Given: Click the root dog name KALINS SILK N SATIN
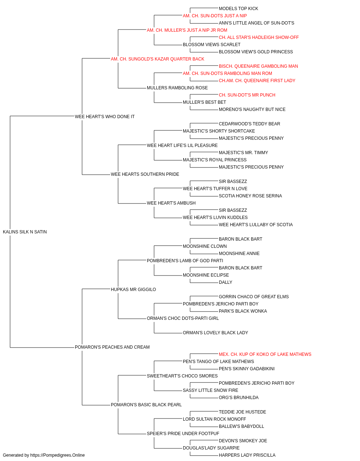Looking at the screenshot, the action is click(25, 232).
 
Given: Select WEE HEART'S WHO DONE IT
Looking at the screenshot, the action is click(105, 117).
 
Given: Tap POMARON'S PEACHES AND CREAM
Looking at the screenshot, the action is click(112, 347).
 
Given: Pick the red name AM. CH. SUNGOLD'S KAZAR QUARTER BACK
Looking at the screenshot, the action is click(158, 59).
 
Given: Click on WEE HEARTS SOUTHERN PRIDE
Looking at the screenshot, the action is click(145, 174).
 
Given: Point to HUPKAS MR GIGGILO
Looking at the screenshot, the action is click(133, 290).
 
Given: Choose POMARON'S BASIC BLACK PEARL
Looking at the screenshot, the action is click(146, 405).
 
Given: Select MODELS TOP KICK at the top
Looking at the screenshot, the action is click(239, 9).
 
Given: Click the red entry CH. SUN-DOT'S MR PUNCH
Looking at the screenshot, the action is click(247, 95).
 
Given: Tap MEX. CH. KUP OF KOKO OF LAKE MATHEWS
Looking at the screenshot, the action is click(265, 354).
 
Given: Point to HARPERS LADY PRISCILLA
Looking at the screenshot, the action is click(247, 455).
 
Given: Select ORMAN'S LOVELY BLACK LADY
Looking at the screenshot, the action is click(215, 333).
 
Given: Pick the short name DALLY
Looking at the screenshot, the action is click(226, 282).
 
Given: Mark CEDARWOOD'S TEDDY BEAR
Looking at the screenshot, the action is click(249, 124).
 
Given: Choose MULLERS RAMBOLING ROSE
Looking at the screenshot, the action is click(177, 88).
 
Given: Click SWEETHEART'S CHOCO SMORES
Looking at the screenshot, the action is click(182, 376).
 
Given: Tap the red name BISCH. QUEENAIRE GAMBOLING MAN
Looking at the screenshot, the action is click(258, 66).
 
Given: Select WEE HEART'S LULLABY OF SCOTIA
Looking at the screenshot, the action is click(256, 225).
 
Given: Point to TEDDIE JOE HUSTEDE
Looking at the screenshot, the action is click(242, 412).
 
